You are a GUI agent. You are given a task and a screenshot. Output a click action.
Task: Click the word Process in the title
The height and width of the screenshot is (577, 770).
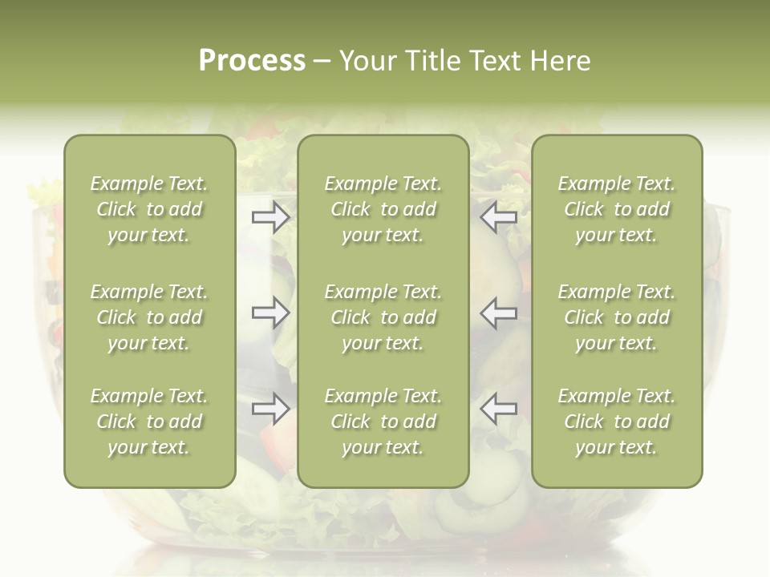[x=252, y=61]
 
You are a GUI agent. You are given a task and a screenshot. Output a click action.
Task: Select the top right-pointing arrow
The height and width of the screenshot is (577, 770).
[x=271, y=217]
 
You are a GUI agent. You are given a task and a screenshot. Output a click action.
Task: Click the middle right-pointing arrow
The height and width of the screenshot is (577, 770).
[x=271, y=313]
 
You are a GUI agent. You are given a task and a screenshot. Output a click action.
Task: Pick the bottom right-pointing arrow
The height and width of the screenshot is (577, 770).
[x=271, y=409]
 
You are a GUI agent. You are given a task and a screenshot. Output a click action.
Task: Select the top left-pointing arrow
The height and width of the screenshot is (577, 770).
[x=498, y=217]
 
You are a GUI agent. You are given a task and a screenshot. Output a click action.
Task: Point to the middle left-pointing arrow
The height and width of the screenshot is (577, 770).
[x=498, y=313]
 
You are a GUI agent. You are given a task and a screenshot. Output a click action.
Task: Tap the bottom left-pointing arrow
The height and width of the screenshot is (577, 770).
[x=498, y=409]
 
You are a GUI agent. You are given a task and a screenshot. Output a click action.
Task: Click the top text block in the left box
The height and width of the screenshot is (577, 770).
[x=149, y=209]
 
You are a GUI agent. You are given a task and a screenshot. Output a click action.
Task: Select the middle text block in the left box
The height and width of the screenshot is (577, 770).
[x=149, y=317]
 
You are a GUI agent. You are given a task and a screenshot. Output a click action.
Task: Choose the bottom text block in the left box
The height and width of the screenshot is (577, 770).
[x=149, y=422]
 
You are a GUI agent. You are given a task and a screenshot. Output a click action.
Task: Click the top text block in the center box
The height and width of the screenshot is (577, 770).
[x=383, y=209]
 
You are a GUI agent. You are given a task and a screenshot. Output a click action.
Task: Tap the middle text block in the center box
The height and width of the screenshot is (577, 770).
[x=383, y=317]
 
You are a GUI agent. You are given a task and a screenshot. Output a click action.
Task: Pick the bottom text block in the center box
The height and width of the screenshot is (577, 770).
[x=383, y=422]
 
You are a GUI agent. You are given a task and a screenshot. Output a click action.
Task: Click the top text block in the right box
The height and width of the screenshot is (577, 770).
[x=617, y=209]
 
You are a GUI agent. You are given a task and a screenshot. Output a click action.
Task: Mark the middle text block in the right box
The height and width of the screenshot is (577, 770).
[x=617, y=317]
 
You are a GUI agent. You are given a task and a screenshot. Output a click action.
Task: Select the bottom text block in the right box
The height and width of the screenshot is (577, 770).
[x=617, y=422]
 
